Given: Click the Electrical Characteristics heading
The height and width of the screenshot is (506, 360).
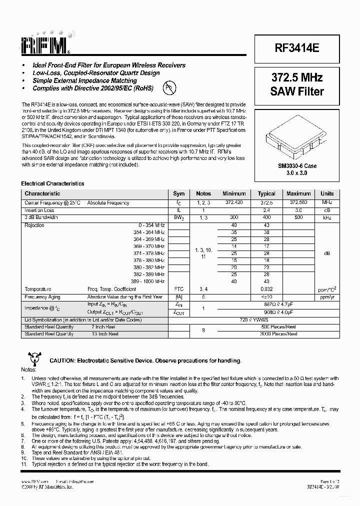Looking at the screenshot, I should click(52, 183).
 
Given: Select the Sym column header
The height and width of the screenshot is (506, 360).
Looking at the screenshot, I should click(178, 193).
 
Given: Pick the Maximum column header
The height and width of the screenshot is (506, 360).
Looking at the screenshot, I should click(298, 193).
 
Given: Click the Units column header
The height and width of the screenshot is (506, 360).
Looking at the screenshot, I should click(327, 193).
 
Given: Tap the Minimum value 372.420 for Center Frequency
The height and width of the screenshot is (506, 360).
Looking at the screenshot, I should click(234, 203).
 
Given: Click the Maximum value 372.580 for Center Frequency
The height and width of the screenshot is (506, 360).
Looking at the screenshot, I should click(298, 203).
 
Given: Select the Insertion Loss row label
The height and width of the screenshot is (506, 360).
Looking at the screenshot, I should click(39, 210).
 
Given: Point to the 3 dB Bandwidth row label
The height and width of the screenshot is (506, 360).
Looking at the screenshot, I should click(41, 217).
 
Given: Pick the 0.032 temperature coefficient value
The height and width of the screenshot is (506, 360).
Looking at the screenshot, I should click(266, 289).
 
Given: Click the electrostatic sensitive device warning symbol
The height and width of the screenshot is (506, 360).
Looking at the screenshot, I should click(33, 358).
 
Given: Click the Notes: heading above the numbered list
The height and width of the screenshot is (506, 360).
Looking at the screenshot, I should click(28, 369).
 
